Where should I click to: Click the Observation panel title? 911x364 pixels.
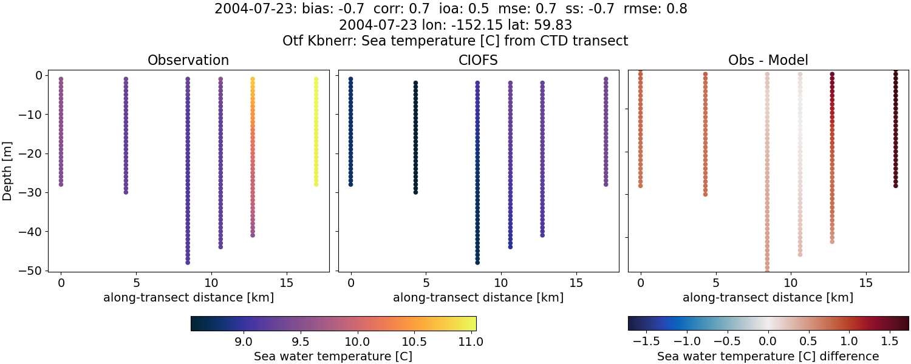click(188, 60)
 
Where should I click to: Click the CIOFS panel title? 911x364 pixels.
click(478, 60)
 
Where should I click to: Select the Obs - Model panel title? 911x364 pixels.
click(768, 60)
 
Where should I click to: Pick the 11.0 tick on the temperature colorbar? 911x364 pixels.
click(471, 342)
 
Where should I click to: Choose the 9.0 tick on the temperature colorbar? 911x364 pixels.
click(244, 342)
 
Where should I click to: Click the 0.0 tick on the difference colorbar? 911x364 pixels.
click(768, 342)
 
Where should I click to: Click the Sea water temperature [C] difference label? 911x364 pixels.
click(768, 356)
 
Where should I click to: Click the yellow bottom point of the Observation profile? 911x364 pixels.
click(316, 184)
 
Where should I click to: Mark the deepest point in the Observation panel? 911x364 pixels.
click(188, 263)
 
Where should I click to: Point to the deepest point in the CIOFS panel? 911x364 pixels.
click(477, 263)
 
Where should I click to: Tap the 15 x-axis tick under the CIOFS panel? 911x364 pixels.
click(576, 283)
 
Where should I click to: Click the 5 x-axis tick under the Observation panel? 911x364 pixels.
click(136, 283)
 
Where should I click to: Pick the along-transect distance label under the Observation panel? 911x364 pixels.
click(188, 298)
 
